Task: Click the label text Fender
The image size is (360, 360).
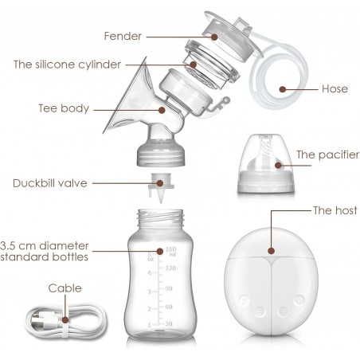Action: pos(123,36)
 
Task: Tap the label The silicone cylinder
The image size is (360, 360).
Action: pos(68,65)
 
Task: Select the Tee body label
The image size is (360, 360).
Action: pos(64,108)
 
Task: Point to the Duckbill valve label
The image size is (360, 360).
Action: pos(50,183)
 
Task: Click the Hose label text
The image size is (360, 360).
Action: pos(335,89)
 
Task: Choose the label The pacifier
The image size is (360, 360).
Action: pos(328,155)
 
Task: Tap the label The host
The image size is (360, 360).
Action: pos(335,210)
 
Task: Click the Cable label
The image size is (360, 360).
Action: pos(65,288)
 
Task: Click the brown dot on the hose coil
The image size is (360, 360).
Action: pos(283,89)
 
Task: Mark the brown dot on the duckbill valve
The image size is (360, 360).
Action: pos(160,183)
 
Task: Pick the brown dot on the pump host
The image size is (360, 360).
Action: pos(271,251)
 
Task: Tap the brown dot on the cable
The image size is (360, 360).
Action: pos(65,320)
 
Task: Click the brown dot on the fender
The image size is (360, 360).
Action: pos(214,37)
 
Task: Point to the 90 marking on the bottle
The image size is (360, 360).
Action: pos(169,288)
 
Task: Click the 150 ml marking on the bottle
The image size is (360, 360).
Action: pos(171,251)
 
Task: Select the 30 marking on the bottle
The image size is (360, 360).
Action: pos(169,324)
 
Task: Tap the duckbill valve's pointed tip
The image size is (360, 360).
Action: pos(161,202)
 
